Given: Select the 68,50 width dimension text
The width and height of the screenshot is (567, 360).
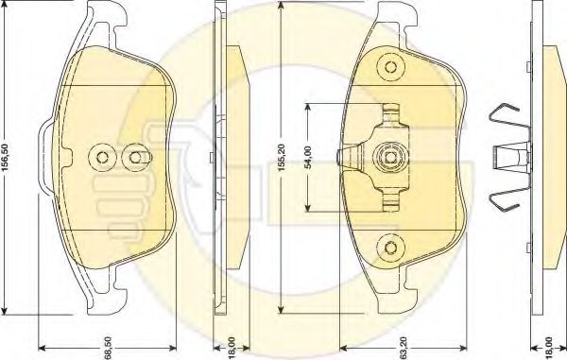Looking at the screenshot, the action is point(108,348).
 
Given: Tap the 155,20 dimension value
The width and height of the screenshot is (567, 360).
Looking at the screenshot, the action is point(282,157).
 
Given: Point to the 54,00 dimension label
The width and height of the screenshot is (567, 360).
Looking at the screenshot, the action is point(308,157).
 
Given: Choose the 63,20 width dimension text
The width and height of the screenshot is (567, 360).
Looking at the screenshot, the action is point(404,348).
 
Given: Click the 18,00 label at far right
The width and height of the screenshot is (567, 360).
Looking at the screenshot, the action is point(549,348).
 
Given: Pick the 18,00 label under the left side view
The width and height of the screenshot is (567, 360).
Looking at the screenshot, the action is point(232,348).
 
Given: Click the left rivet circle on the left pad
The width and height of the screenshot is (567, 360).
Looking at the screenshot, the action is point(102,157).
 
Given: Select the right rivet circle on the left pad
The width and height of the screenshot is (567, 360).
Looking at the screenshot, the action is point(135,157).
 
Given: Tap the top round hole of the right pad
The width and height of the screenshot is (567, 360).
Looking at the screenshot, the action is point(390,67).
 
